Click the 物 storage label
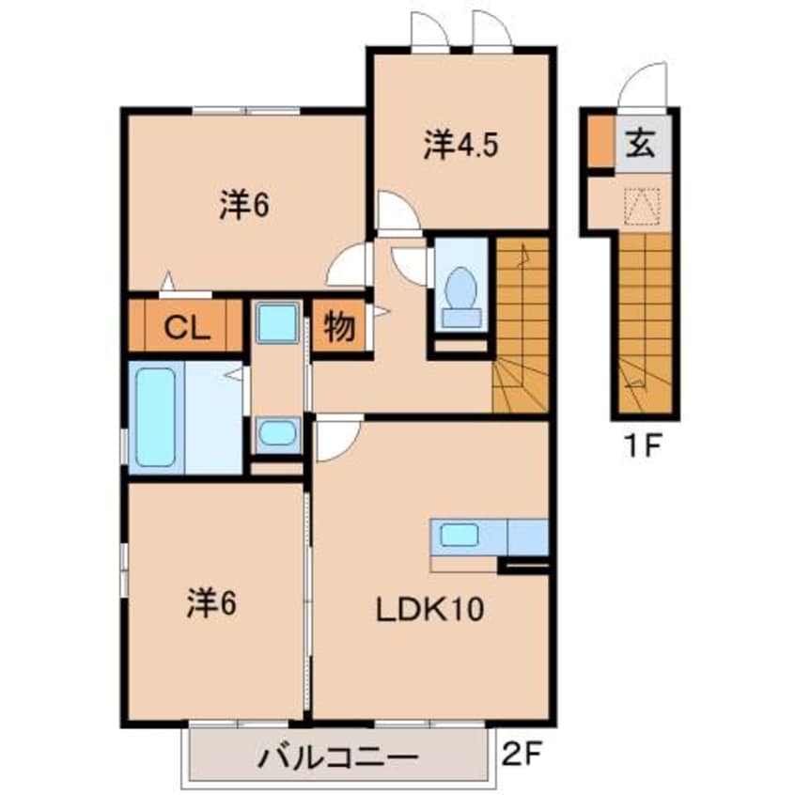[339, 327]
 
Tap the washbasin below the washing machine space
[276, 433]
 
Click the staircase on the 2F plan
[520, 325]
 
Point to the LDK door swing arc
[335, 441]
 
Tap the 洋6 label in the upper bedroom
[245, 204]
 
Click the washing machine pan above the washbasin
[276, 323]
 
